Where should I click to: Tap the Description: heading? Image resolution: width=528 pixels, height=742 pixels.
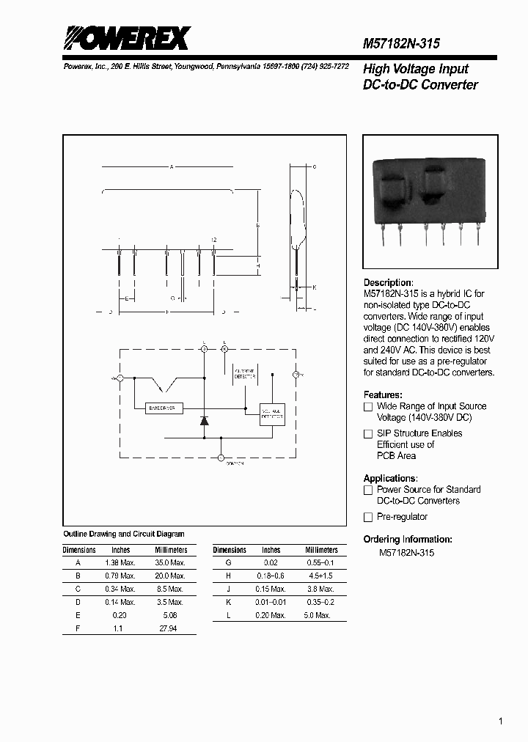(389, 282)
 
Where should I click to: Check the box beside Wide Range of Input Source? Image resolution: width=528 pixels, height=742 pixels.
(368, 406)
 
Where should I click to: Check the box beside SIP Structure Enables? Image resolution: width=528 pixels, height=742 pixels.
(368, 433)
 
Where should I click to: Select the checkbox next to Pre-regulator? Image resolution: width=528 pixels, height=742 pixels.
(368, 517)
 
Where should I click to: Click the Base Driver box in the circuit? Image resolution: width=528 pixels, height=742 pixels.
(158, 408)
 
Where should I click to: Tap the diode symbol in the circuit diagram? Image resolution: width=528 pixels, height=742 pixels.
(205, 421)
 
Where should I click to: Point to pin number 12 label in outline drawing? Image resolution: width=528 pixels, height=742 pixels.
(213, 240)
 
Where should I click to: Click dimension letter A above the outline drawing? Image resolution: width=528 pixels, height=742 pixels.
(171, 167)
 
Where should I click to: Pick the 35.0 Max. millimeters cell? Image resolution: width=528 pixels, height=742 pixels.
(171, 562)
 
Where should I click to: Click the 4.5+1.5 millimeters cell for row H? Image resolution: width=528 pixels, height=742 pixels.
(320, 576)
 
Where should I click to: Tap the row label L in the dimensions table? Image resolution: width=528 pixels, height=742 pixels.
(229, 615)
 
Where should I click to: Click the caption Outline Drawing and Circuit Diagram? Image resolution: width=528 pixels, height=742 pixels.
(124, 535)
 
